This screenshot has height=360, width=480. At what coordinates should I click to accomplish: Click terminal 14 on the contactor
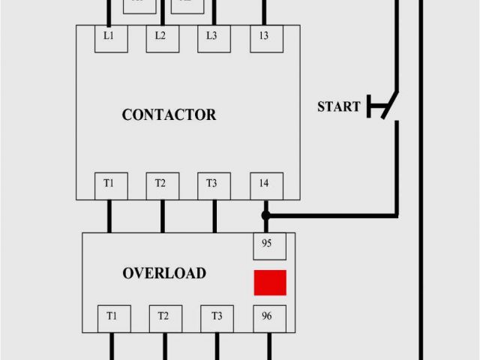(265, 184)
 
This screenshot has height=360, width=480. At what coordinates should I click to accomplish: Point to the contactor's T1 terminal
(109, 184)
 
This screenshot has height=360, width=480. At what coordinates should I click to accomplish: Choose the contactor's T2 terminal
(161, 184)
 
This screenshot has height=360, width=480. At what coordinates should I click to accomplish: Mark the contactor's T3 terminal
(213, 184)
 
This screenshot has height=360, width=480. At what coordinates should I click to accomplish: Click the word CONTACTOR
(169, 115)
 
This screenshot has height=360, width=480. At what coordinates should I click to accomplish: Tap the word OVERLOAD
(164, 274)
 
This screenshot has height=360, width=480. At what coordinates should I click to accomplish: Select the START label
(338, 106)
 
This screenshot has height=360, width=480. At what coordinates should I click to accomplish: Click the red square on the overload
(270, 283)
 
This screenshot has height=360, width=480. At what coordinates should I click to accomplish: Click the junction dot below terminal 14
(265, 216)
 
